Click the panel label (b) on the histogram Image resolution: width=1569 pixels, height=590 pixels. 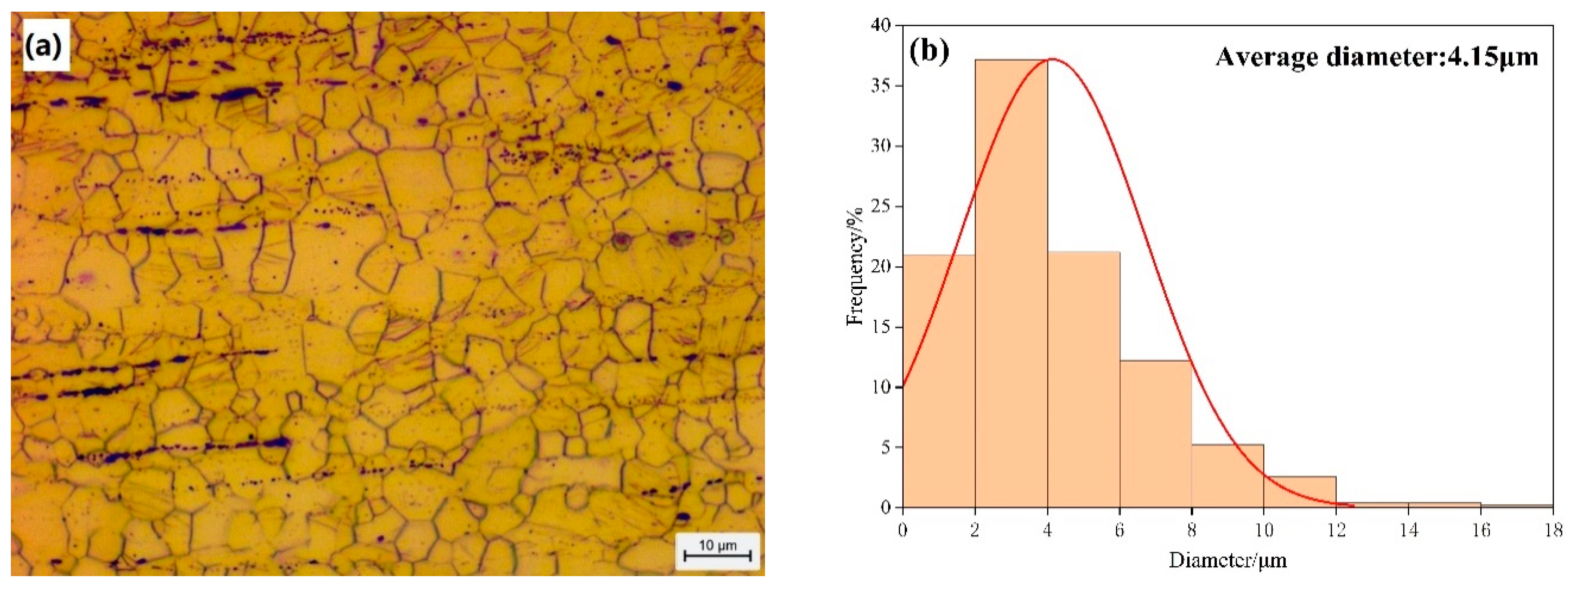point(929,52)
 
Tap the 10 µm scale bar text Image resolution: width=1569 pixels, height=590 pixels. point(717,544)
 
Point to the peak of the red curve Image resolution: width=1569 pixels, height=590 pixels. point(1050,60)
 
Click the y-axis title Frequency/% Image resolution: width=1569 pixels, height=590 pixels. point(855,267)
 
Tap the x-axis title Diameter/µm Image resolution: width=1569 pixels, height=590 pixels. point(1227,560)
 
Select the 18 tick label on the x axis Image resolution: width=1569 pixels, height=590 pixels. point(1553,530)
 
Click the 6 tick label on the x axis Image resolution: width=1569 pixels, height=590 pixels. point(1119,530)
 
